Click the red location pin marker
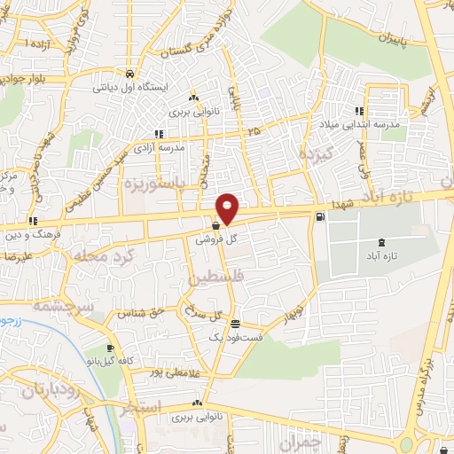click(x=228, y=207)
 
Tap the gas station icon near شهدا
click(x=318, y=216)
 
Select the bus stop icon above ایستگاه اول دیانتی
click(x=130, y=74)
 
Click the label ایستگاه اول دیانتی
click(x=130, y=88)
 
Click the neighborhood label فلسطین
click(x=214, y=278)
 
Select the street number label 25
click(x=255, y=130)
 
